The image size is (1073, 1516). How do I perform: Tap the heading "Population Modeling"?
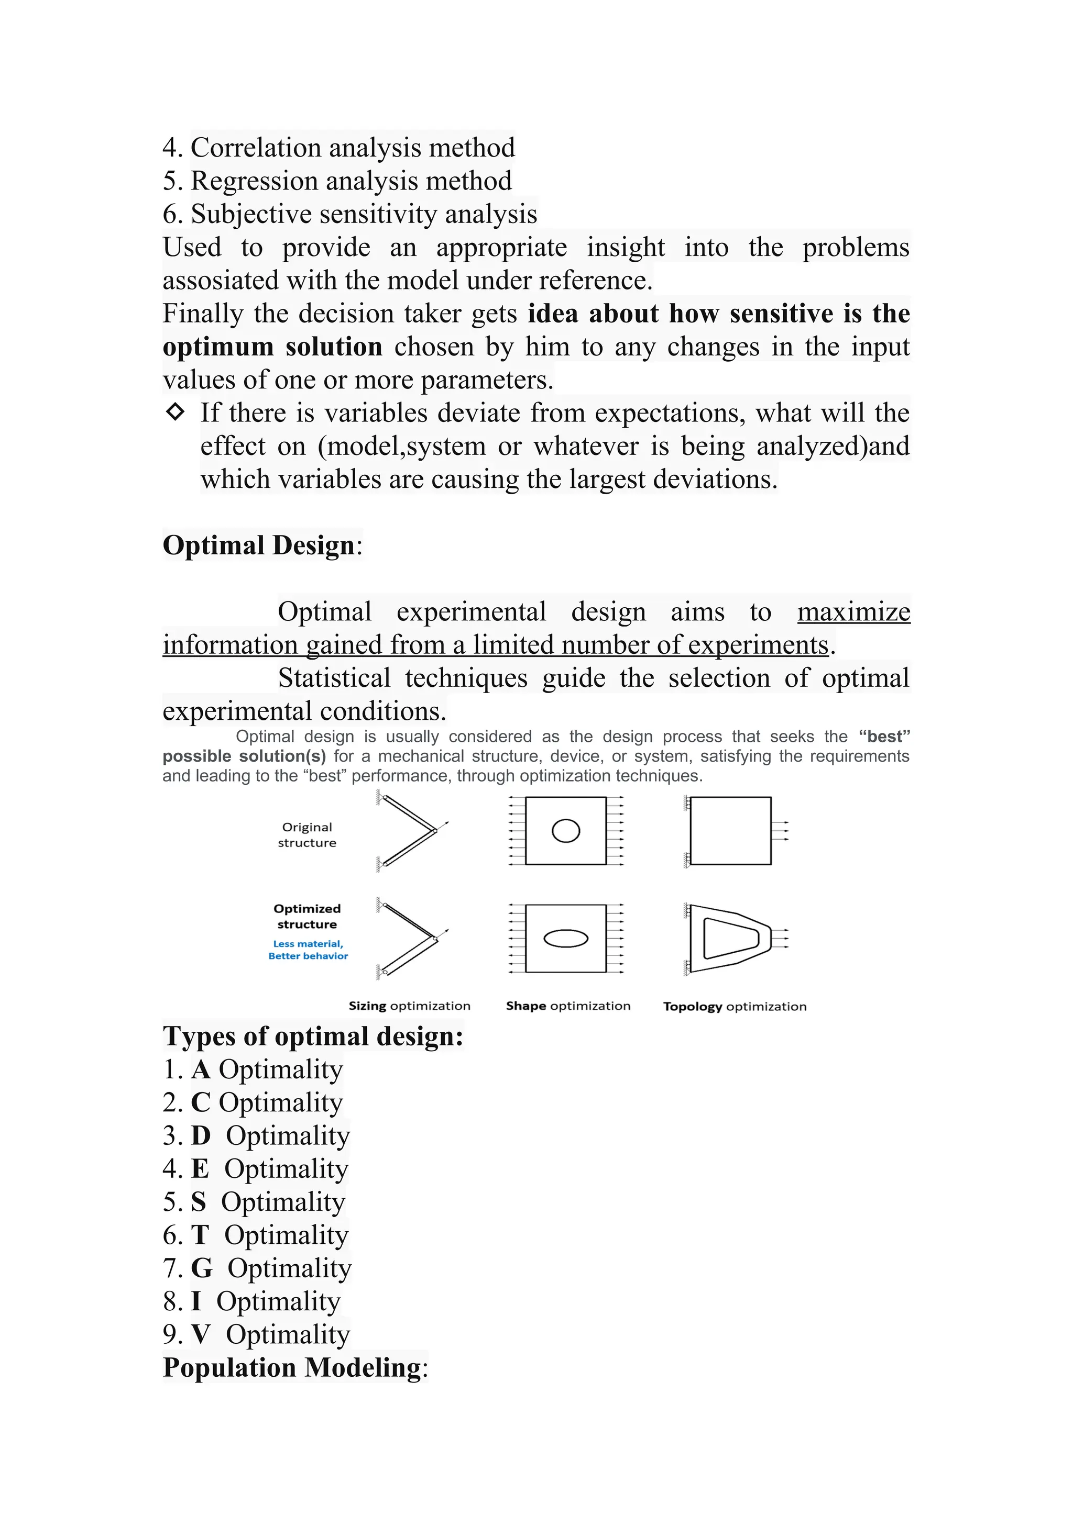pos(291,1367)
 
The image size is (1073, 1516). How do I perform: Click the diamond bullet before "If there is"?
pos(175,412)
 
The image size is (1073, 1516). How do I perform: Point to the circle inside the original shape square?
pos(565,831)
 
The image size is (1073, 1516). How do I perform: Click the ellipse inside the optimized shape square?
pos(565,938)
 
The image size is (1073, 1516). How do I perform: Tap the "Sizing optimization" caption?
pos(409,1006)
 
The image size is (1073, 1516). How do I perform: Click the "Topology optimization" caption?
pos(734,1006)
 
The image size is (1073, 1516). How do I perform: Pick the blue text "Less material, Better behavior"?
pos(308,950)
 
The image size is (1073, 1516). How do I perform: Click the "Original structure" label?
pos(306,834)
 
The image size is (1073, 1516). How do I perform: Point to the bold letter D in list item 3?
pos(200,1135)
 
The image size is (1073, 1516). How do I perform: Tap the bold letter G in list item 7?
pos(202,1268)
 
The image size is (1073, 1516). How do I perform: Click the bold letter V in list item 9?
pos(200,1334)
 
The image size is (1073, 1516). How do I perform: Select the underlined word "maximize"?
pos(853,612)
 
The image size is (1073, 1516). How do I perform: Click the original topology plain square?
pos(730,831)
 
